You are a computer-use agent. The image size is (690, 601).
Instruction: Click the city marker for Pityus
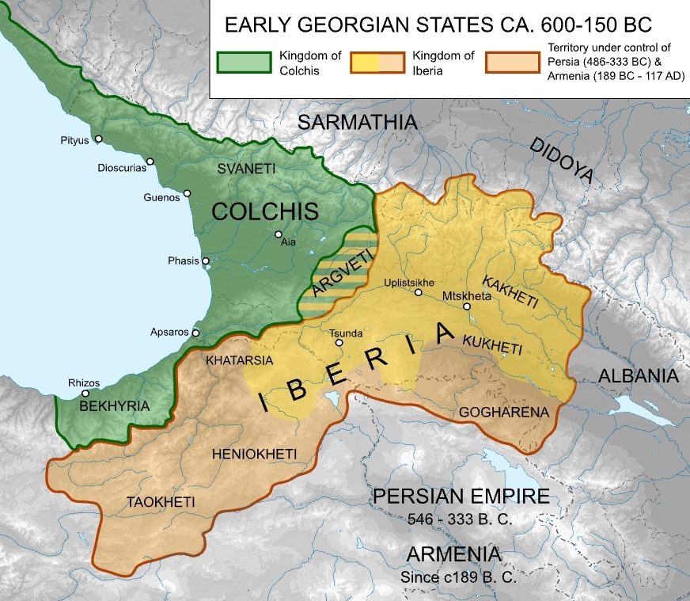99,139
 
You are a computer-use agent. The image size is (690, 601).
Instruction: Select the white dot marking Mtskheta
467,306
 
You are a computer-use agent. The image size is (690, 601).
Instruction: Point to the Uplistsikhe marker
419,293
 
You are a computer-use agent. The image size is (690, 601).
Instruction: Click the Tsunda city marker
339,343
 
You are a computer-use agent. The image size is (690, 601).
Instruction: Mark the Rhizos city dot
85,394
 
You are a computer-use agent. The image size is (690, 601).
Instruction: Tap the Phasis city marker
206,261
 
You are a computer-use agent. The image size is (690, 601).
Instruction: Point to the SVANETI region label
245,169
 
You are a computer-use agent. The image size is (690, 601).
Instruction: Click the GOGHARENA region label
492,412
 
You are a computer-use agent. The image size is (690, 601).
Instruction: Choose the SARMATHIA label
357,122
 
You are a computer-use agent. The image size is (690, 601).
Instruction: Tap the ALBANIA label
638,375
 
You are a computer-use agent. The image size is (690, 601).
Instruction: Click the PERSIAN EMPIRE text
461,496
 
